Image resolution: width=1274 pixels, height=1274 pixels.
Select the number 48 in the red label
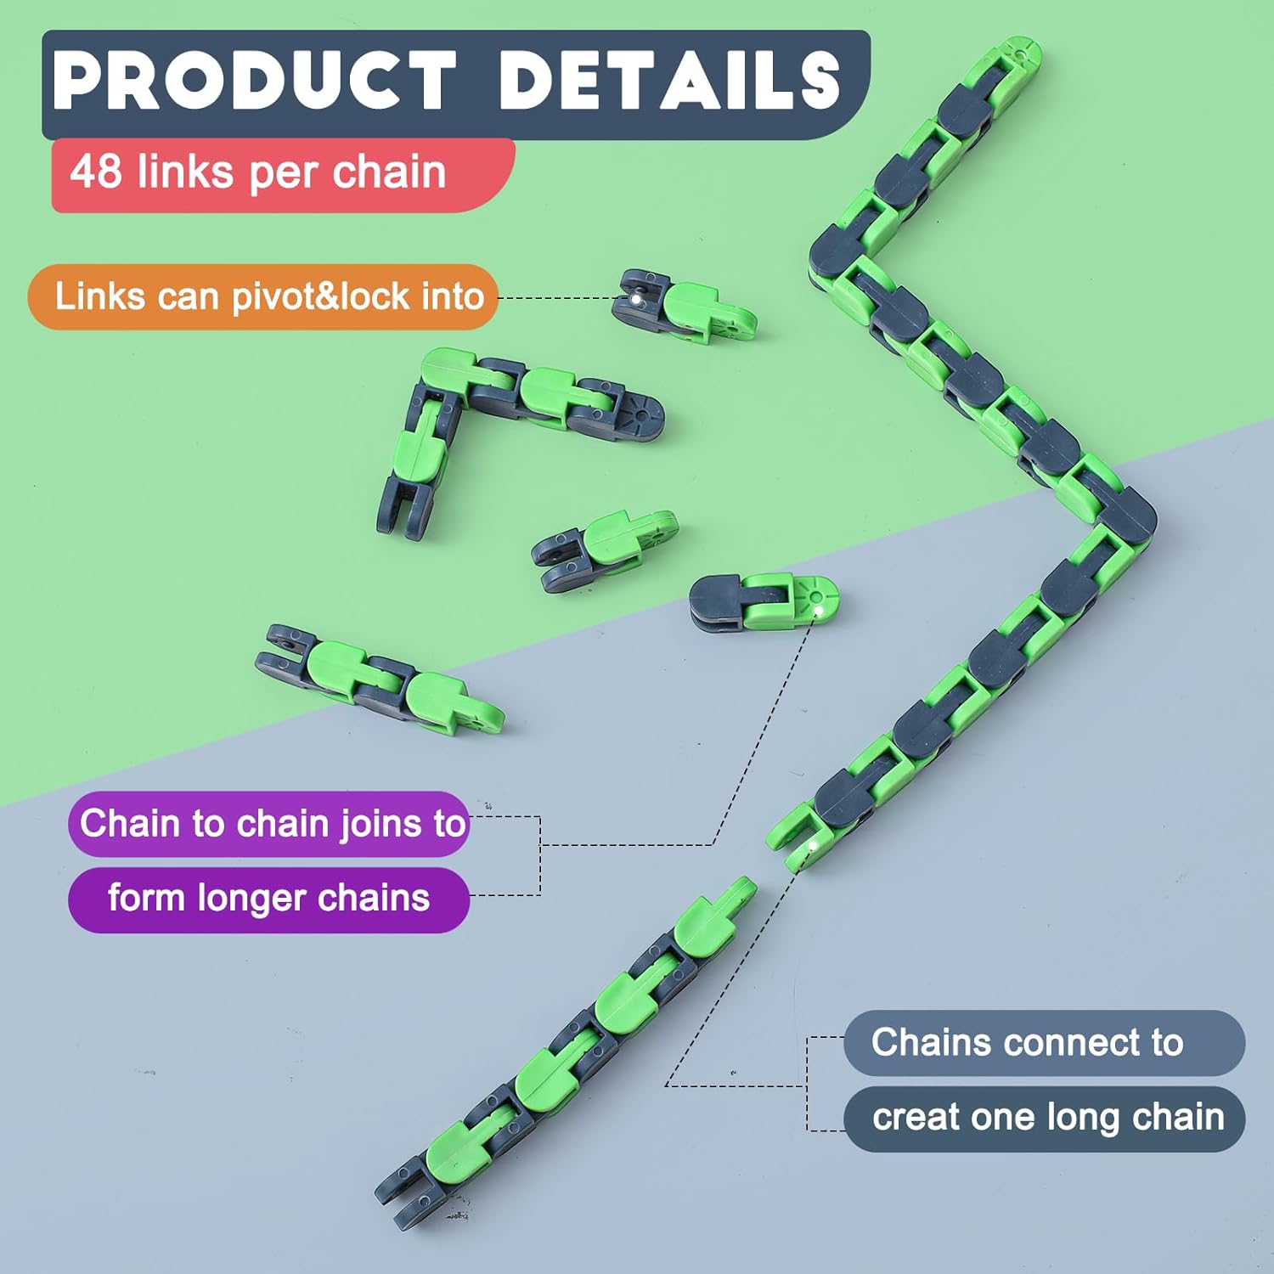pos(96,171)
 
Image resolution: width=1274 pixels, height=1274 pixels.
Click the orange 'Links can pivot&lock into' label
pos(263,296)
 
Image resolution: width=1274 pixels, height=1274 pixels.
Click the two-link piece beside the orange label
pos(684,307)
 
